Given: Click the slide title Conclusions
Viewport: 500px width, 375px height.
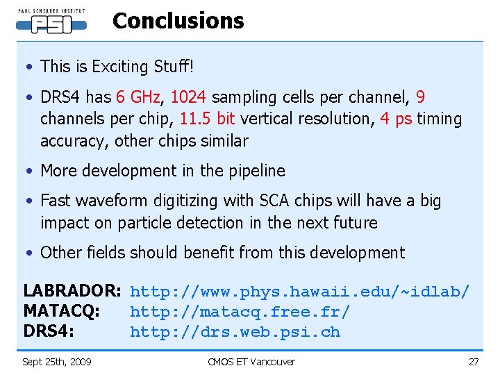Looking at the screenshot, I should (x=178, y=21).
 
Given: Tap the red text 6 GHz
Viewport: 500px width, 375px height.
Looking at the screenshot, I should (x=137, y=97).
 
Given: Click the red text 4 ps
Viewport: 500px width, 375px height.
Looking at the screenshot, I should (x=396, y=119).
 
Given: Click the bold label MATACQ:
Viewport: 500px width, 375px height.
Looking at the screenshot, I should (x=62, y=312).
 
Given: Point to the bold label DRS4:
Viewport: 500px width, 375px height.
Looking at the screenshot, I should (x=49, y=332).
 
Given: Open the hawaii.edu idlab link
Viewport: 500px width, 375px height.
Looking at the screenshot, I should (x=300, y=292).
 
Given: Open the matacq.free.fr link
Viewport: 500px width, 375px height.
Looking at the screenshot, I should (x=240, y=312).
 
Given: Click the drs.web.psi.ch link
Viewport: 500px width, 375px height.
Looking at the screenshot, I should (x=235, y=332).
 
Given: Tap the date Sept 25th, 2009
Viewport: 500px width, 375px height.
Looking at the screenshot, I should (x=57, y=361).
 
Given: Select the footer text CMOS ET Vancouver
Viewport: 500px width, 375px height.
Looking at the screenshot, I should (x=251, y=361).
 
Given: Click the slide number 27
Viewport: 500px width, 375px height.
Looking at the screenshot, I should (x=474, y=361).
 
